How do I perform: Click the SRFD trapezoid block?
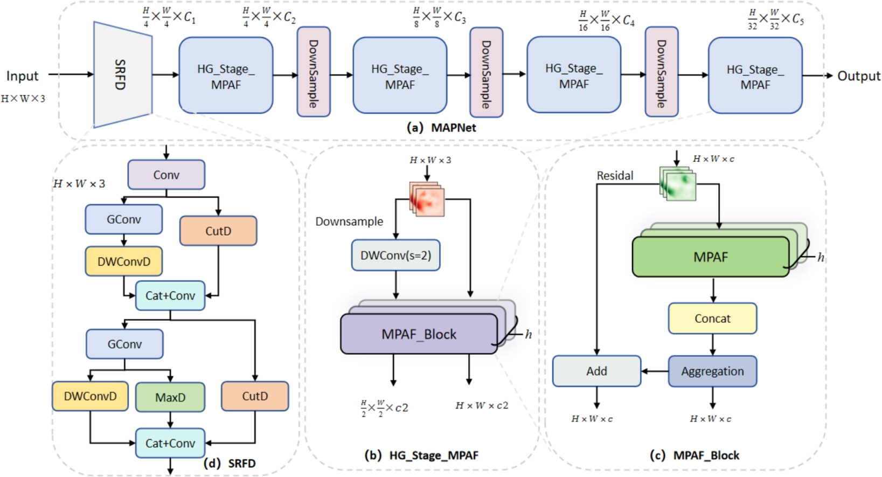click(x=122, y=74)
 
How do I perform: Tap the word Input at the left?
click(x=22, y=76)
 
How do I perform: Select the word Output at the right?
click(x=858, y=76)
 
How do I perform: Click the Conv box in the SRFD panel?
click(x=166, y=175)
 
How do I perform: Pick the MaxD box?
click(x=170, y=397)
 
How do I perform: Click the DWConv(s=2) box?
click(x=396, y=255)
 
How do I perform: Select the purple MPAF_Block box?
click(x=419, y=334)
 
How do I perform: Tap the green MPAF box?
click(x=710, y=257)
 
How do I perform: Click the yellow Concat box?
click(x=712, y=319)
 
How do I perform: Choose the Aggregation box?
click(x=712, y=371)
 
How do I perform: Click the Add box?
click(x=596, y=371)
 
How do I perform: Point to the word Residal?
click(x=615, y=176)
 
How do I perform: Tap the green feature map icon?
click(x=678, y=183)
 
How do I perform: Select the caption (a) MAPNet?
click(x=441, y=128)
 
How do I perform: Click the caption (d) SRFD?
click(x=230, y=464)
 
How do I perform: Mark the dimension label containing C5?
click(x=776, y=19)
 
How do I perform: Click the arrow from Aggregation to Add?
click(x=655, y=371)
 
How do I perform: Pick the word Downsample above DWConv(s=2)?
click(x=349, y=222)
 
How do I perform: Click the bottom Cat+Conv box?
click(x=170, y=443)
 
